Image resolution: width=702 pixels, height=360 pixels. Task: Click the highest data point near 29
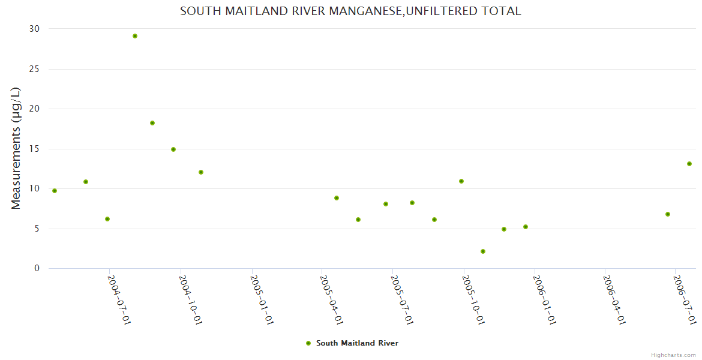[x=135, y=36]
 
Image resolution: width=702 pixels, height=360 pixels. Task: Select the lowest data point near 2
[x=483, y=251]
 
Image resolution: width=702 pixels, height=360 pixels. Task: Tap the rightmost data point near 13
[x=689, y=164]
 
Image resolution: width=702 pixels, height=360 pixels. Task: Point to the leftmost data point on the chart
[x=55, y=191]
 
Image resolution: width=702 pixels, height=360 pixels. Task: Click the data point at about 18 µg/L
[x=152, y=123]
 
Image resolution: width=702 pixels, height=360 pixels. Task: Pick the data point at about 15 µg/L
[x=173, y=149]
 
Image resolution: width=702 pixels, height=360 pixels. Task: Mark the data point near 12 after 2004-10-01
[x=201, y=172]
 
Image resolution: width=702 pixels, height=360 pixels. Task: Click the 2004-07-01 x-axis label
[x=119, y=299]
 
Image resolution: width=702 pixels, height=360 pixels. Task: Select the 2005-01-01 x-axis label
[x=262, y=299]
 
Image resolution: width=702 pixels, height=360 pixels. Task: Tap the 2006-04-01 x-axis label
[x=614, y=299]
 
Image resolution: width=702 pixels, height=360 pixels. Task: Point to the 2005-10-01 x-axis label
[x=473, y=299]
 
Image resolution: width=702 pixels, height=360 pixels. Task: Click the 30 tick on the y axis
[x=34, y=29]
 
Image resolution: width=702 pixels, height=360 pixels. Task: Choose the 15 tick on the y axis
[x=34, y=149]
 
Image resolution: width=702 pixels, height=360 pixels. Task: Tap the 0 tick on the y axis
[x=37, y=268]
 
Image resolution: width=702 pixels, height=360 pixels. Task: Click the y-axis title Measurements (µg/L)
[x=16, y=148]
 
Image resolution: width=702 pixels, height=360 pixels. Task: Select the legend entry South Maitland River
[x=357, y=343]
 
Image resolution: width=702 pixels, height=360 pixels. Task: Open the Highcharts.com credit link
[x=673, y=355]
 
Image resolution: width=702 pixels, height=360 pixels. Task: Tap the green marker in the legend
[x=308, y=343]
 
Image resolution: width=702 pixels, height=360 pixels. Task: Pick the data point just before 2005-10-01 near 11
[x=461, y=181]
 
